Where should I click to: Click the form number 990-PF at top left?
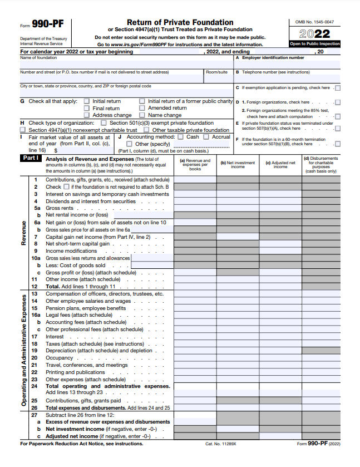click(47, 24)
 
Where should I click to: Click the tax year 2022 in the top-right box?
click(314, 33)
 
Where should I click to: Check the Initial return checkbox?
click(86, 101)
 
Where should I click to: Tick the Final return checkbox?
click(86, 109)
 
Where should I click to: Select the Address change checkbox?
click(86, 115)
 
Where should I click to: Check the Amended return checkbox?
click(142, 109)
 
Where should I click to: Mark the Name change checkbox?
click(142, 115)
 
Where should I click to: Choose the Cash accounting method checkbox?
click(180, 137)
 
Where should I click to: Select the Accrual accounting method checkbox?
click(206, 137)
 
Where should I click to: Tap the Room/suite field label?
click(216, 72)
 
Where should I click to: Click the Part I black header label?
click(30, 159)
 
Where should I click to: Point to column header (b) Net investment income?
click(238, 164)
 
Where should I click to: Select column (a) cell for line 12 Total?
click(195, 287)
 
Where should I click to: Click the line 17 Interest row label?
click(55, 337)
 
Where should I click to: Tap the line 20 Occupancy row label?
click(58, 358)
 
